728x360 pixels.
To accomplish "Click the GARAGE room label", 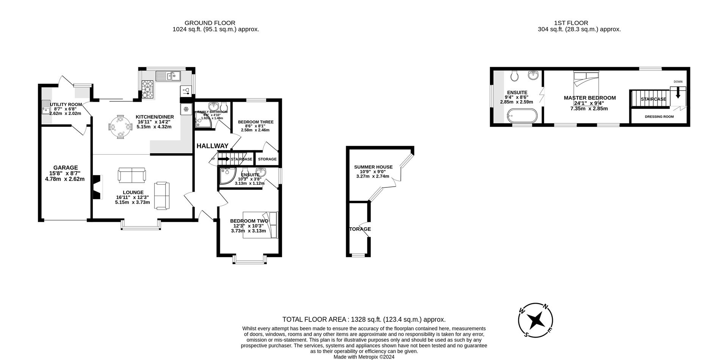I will [x=65, y=168].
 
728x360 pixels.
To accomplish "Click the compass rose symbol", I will [x=535, y=321].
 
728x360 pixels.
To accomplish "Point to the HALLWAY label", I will [x=212, y=146].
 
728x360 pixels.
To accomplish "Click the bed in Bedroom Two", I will [x=260, y=225].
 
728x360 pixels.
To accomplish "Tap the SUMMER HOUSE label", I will [x=373, y=167].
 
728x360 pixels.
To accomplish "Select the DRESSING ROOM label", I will [x=659, y=117].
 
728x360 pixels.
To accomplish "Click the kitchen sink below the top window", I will [x=169, y=76].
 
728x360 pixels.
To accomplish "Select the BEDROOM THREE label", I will [x=256, y=122].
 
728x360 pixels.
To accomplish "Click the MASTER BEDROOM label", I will [x=590, y=98].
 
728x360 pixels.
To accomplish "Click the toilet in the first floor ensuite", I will [x=515, y=76].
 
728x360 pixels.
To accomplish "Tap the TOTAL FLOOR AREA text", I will [x=364, y=319].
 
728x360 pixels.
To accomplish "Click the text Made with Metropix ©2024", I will [x=364, y=357].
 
